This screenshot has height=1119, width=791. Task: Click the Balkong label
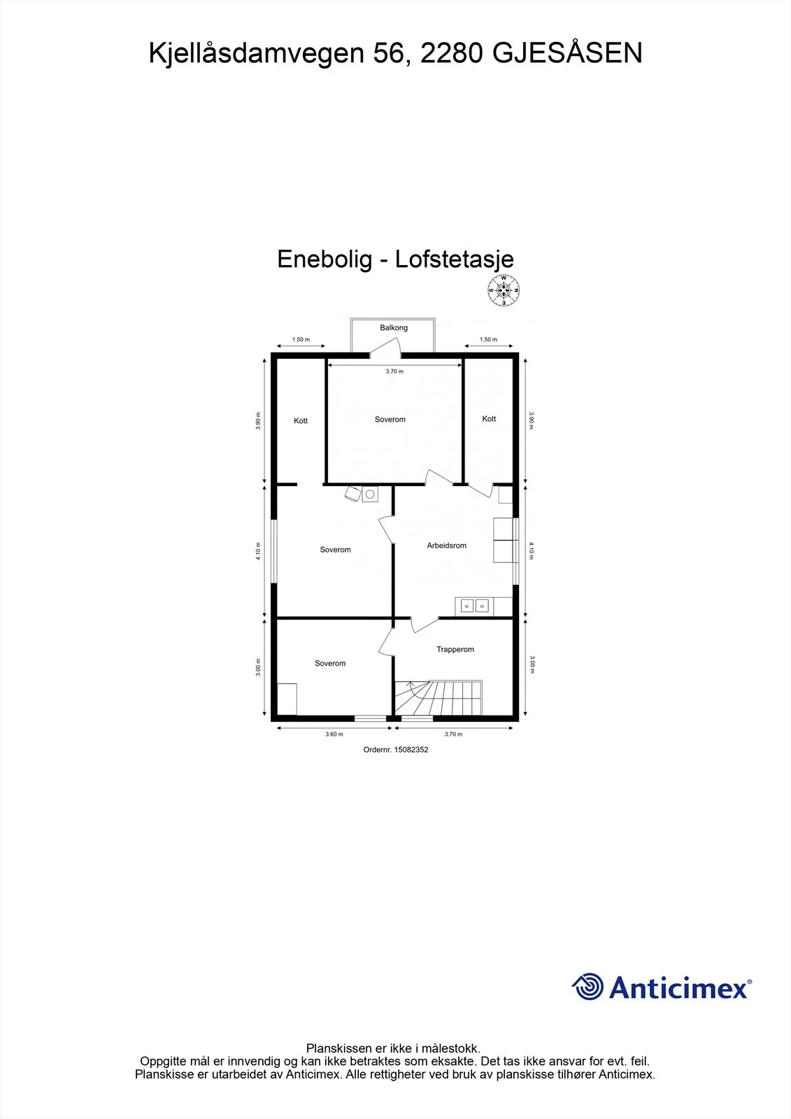tap(394, 328)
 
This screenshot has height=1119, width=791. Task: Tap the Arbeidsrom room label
tap(446, 546)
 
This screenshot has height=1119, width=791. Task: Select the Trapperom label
tap(455, 650)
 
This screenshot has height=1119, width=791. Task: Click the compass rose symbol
tap(504, 290)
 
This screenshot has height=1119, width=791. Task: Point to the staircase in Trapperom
tap(439, 697)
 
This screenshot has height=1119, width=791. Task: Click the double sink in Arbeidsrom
tap(474, 606)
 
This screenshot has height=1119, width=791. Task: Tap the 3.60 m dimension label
tap(334, 734)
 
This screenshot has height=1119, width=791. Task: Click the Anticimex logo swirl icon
tap(587, 986)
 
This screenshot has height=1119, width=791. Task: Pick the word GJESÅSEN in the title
tap(567, 53)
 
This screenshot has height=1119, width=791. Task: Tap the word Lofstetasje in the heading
tap(454, 259)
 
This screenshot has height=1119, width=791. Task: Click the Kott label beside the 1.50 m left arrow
tap(301, 420)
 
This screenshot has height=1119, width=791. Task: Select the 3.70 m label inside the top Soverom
tap(394, 371)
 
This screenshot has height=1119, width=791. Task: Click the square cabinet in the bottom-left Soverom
tap(287, 699)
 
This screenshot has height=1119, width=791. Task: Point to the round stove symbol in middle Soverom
tap(370, 494)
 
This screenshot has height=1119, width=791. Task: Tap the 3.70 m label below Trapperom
tap(453, 734)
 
